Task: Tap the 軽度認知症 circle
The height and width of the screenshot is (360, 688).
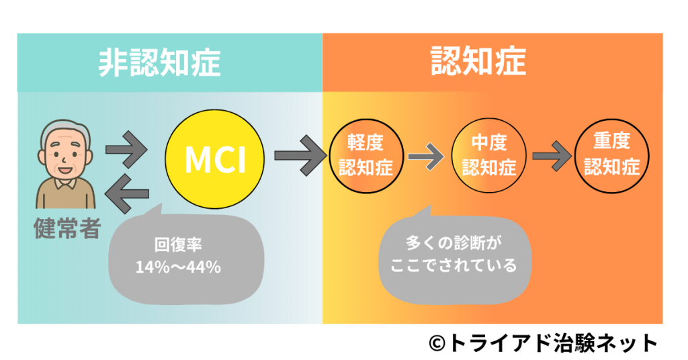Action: [365, 155]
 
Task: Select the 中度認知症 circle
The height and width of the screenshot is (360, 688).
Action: [488, 155]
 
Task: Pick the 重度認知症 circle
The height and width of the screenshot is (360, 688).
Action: [611, 155]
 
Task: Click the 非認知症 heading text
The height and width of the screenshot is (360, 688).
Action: [159, 62]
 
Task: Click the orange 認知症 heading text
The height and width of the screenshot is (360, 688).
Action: [478, 62]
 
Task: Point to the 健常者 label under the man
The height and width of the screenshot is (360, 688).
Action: [67, 228]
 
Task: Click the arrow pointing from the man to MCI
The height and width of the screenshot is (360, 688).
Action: [126, 153]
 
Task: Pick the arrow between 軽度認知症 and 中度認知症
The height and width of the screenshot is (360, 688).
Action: [425, 158]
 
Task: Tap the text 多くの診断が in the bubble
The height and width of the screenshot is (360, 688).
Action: [454, 242]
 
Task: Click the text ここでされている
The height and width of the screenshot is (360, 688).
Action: [454, 265]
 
